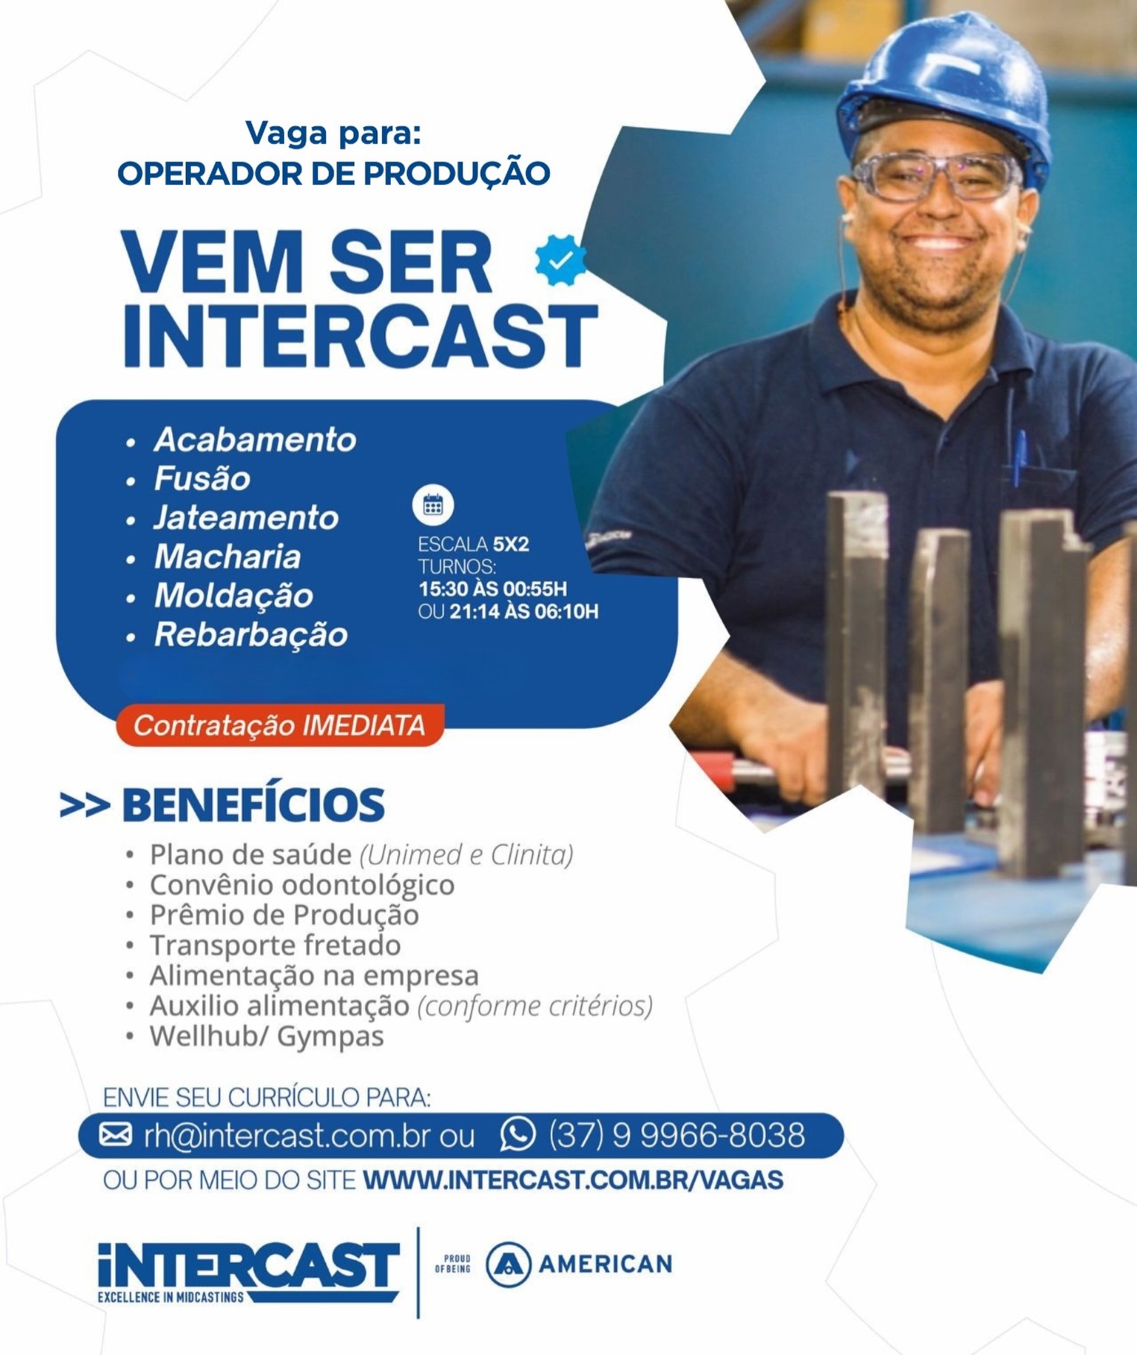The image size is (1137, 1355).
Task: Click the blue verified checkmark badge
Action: pos(561,260)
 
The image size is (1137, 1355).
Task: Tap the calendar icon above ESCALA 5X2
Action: pos(433,505)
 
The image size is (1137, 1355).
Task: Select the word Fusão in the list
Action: pos(202,478)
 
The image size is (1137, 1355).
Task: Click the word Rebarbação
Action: pos(251,635)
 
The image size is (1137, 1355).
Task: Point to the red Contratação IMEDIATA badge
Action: pos(280,725)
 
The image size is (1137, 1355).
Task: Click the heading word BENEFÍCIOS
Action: pos(253,804)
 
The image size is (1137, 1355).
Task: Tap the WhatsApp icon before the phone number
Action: pos(518,1134)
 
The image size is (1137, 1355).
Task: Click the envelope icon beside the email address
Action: pos(116,1134)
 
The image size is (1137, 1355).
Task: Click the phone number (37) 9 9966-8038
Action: pos(677,1135)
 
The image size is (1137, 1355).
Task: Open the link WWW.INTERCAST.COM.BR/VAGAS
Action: pos(573,1180)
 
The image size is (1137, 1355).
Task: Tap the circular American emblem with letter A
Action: pos(508,1264)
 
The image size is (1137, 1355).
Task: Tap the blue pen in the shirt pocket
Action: pos(1020,457)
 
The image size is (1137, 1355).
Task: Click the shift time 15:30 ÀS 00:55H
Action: pos(492,589)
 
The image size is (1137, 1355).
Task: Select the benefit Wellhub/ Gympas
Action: pos(266,1037)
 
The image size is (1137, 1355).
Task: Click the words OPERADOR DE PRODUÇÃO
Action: pos(333,173)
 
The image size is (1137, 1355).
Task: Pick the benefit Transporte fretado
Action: pos(275,945)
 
